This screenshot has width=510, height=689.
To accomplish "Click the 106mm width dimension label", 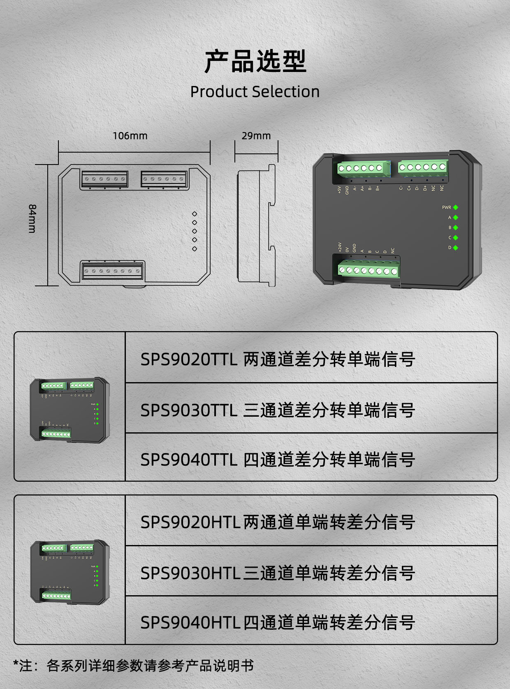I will pyautogui.click(x=130, y=136).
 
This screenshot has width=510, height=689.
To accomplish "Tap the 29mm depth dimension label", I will pyautogui.click(x=256, y=136).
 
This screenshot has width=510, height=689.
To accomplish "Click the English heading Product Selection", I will pyautogui.click(x=255, y=91).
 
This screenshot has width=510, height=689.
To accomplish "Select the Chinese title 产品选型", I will pyautogui.click(x=255, y=62).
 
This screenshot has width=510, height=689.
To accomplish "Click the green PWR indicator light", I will pyautogui.click(x=455, y=207).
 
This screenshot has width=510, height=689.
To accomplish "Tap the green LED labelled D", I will pyautogui.click(x=455, y=248).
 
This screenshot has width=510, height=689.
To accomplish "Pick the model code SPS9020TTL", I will pyautogui.click(x=189, y=359).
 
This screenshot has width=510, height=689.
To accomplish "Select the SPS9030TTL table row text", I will pyautogui.click(x=278, y=410).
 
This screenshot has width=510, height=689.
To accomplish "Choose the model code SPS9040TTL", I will pyautogui.click(x=189, y=459).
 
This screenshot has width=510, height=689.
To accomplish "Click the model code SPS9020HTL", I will pyautogui.click(x=190, y=522).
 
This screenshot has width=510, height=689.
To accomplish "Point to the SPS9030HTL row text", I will pyautogui.click(x=278, y=573).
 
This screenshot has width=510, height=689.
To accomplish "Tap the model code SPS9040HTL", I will pyautogui.click(x=190, y=622).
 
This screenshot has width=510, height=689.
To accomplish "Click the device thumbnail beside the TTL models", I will pyautogui.click(x=70, y=410).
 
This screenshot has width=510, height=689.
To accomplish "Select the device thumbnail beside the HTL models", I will pyautogui.click(x=70, y=572).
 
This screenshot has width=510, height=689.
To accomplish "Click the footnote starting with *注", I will pyautogui.click(x=133, y=665).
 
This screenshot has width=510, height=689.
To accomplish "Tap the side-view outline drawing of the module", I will pyautogui.click(x=256, y=225).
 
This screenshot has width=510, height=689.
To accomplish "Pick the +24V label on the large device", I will pyautogui.click(x=340, y=247).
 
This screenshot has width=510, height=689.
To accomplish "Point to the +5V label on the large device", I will pyautogui.click(x=339, y=190).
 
